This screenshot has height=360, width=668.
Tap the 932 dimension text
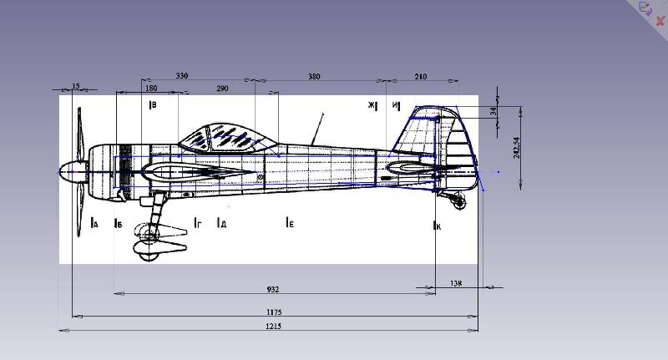pos(272,289)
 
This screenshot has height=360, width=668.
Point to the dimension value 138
pos(456,284)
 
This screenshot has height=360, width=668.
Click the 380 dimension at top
pos(314,77)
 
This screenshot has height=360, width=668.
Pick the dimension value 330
pos(182,76)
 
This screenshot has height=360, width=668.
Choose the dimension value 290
pos(222,88)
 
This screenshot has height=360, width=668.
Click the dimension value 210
pos(420,77)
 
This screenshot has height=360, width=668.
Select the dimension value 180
pos(151,88)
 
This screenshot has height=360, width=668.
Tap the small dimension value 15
pos(76,86)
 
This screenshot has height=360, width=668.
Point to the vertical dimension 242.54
pos(517,147)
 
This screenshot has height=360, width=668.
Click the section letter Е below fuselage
pos(290,223)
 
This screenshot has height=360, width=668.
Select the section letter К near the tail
pos(438,226)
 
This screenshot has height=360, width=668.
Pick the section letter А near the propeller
pos(95,224)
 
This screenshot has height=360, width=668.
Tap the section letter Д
pos(222,224)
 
